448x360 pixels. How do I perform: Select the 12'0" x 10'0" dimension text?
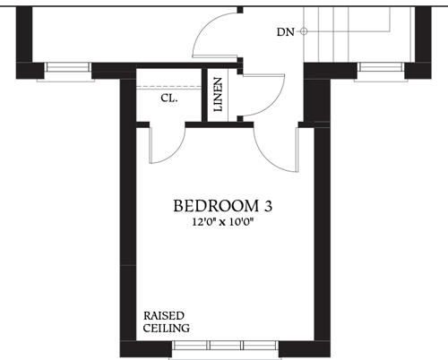tap(223, 222)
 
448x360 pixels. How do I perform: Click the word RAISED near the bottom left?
tap(164, 316)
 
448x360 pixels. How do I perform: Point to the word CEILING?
tap(166, 329)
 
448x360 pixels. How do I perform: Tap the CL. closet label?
tap(168, 99)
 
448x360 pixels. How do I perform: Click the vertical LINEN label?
tap(218, 93)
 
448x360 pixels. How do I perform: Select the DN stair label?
tap(285, 32)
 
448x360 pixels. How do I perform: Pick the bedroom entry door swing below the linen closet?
tap(274, 148)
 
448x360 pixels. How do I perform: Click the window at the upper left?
tap(66, 67)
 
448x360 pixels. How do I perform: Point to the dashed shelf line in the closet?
tap(168, 84)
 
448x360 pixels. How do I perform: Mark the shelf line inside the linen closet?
tap(236, 93)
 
